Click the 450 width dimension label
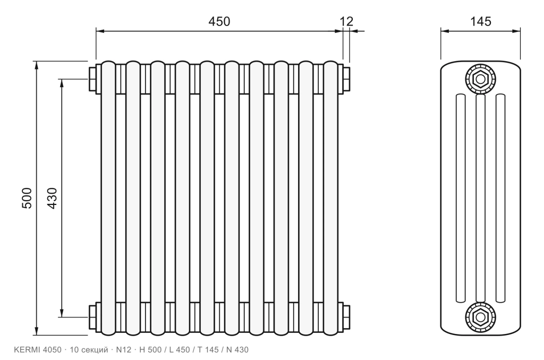219,21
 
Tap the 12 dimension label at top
346,21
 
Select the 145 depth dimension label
480,21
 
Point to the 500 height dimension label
27,198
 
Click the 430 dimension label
52,198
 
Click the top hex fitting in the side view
480,79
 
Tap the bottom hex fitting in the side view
480,317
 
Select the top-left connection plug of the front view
92,79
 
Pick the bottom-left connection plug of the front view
92,317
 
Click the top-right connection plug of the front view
346,79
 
